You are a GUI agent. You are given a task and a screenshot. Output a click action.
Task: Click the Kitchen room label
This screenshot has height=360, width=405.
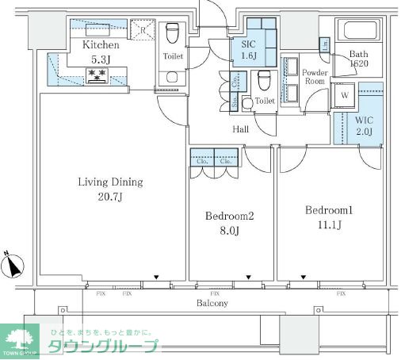(100, 45)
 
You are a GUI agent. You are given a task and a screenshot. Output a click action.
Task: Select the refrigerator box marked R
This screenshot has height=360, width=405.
(143, 32)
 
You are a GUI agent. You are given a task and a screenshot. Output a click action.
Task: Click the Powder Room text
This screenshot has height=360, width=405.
(315, 78)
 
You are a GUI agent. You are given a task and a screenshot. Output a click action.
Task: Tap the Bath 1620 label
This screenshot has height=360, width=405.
(359, 59)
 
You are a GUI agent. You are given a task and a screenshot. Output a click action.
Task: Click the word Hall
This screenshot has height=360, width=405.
(242, 128)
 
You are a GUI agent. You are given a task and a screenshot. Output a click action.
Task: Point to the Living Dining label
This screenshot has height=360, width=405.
(110, 182)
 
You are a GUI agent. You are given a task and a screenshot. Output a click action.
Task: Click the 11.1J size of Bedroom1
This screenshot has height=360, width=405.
(327, 226)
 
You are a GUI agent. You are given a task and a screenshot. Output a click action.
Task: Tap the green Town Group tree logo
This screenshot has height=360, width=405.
(19, 339)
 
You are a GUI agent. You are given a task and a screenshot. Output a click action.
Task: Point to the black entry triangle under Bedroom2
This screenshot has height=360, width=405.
(249, 278)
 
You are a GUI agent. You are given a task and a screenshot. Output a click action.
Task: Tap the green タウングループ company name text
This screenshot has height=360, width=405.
(103, 347)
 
